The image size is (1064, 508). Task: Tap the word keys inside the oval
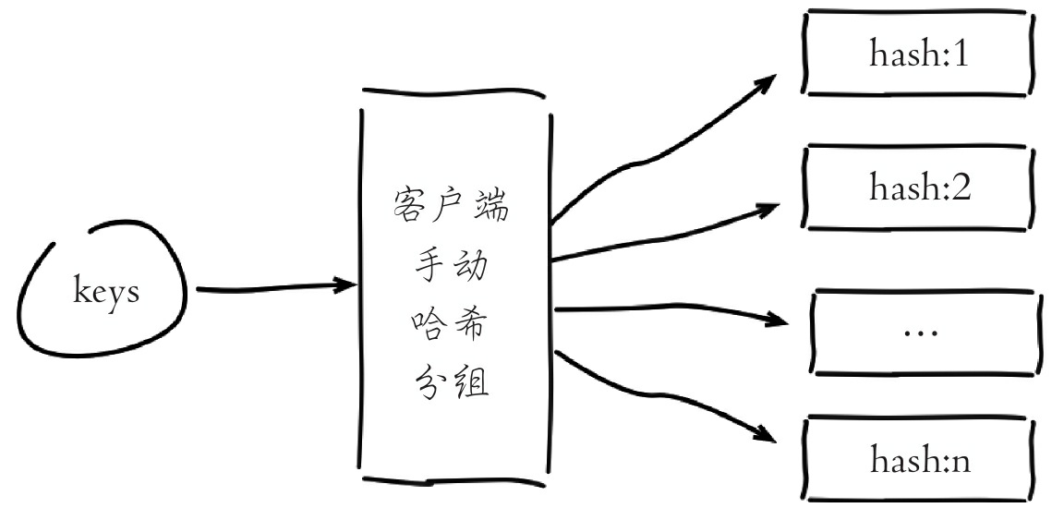pos(106,293)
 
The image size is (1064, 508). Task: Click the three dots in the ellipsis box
pos(919,331)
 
